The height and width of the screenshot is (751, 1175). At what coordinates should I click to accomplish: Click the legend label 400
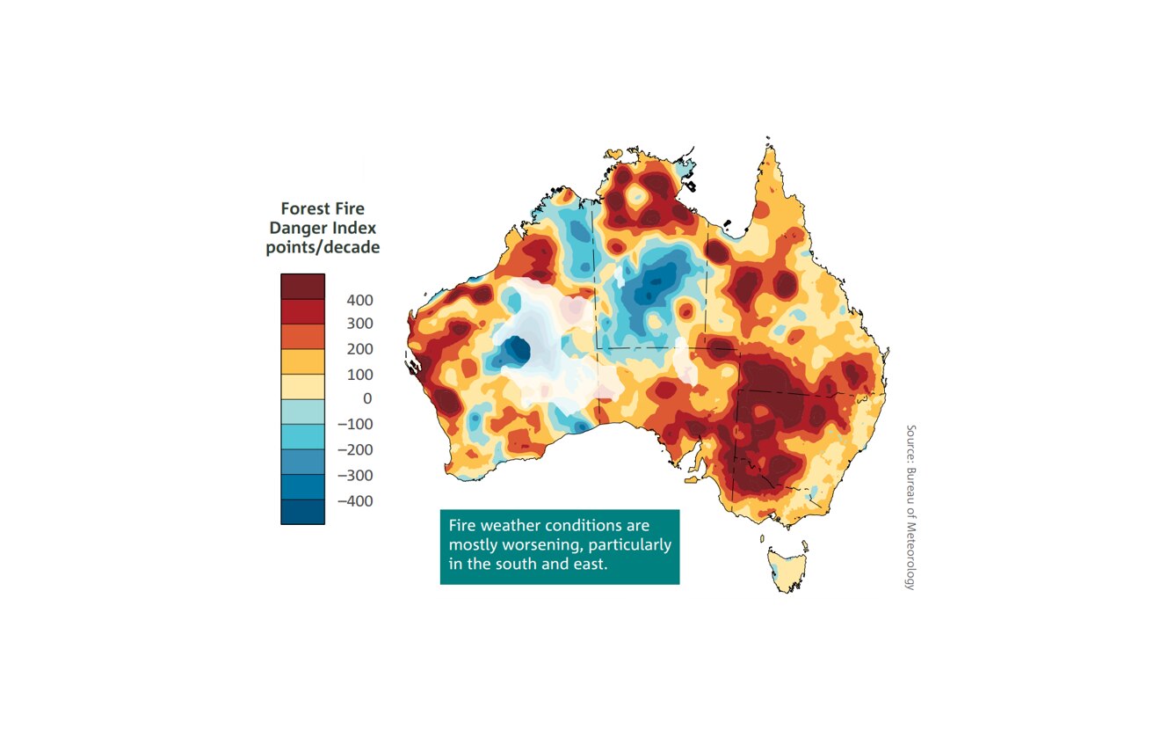359,300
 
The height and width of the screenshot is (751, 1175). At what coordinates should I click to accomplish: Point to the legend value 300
359,324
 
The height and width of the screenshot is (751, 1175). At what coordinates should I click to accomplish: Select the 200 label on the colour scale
359,349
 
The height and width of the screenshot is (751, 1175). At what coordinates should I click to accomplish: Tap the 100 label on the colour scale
359,375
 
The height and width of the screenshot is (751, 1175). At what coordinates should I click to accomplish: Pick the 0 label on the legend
367,398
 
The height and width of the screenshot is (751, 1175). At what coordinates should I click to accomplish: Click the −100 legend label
354,424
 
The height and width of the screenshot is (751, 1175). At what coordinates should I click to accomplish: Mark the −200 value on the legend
354,449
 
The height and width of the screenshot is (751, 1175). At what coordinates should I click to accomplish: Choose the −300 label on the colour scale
354,475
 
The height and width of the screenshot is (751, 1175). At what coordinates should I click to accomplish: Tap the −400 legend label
354,501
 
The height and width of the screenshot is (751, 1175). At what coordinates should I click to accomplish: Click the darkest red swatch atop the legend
302,287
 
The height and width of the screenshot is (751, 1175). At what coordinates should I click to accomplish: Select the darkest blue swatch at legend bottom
302,512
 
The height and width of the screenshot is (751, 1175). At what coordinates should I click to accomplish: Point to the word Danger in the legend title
298,229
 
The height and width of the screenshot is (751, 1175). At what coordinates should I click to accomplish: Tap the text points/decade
323,248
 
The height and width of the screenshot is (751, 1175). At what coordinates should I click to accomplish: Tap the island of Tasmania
787,568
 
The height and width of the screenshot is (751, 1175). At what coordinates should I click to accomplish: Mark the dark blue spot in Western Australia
519,353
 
